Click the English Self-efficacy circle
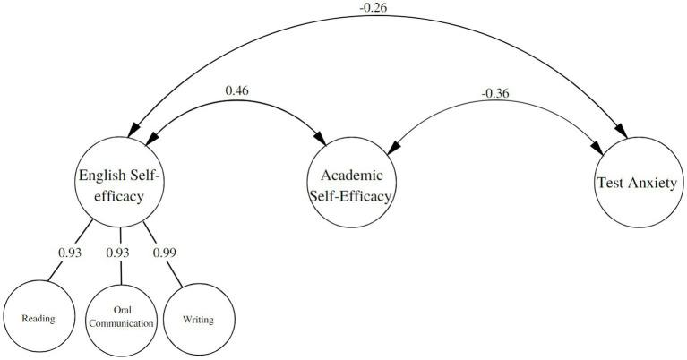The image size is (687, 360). click(x=122, y=184)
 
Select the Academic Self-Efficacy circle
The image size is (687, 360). click(x=350, y=184)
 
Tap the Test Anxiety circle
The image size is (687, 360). click(x=637, y=183)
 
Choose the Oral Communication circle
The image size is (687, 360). click(x=123, y=318)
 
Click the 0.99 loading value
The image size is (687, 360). click(x=164, y=253)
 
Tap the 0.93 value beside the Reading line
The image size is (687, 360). click(x=70, y=253)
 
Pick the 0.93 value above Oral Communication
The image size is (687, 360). click(x=118, y=253)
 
